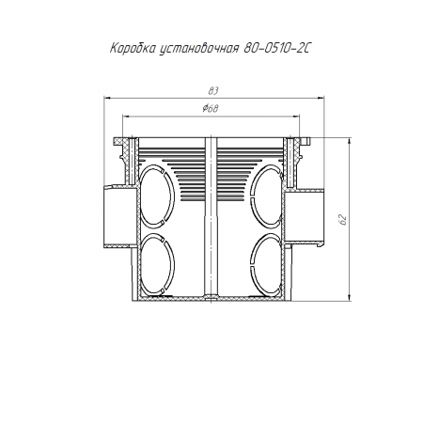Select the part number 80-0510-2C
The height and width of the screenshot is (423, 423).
276,49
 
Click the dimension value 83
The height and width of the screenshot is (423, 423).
213,91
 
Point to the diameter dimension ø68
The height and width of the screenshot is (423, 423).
210,109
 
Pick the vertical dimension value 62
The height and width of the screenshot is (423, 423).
343,220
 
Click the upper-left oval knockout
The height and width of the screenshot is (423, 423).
156,196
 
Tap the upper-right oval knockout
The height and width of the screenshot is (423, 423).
267,196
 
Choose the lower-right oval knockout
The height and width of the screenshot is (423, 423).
267,264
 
